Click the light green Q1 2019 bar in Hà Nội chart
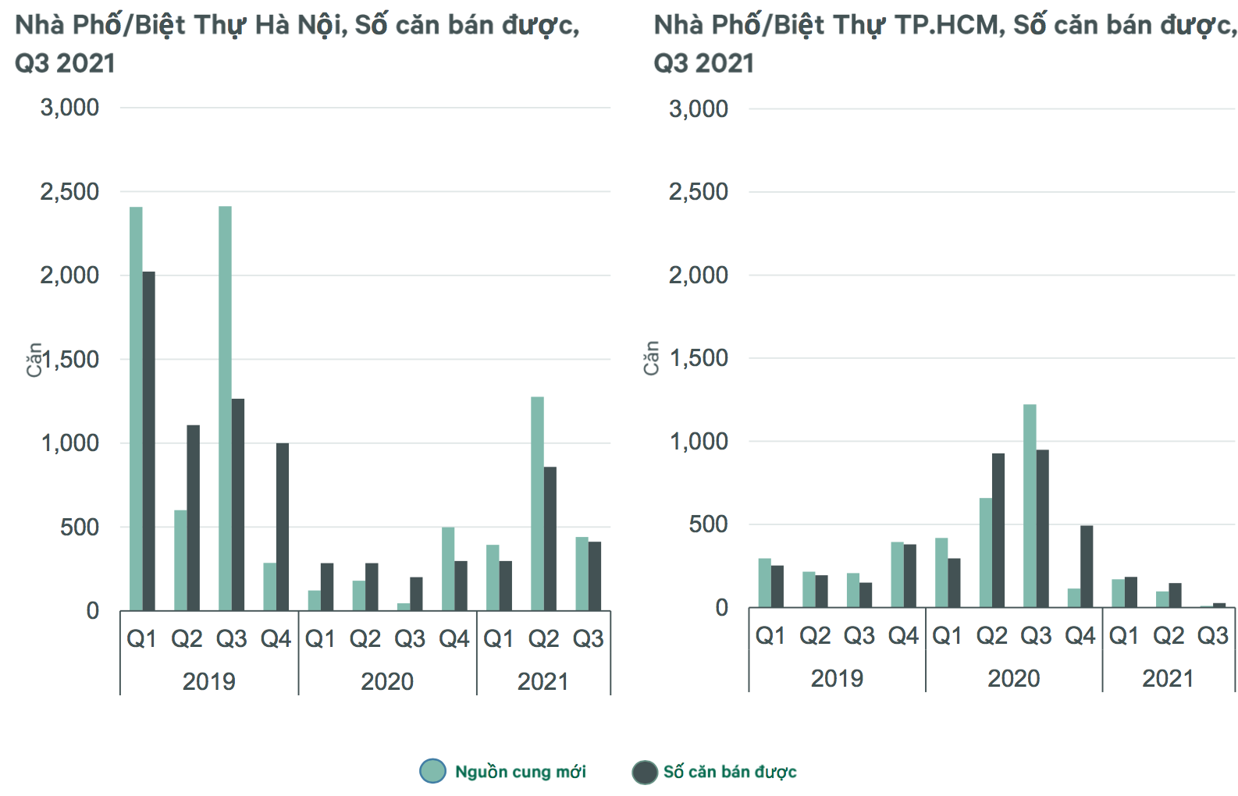click(x=136, y=409)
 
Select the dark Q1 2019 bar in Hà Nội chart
click(x=148, y=441)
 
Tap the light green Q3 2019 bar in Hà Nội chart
click(x=225, y=409)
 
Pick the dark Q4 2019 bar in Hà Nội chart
click(x=282, y=527)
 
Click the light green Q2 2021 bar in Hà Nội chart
click(x=537, y=503)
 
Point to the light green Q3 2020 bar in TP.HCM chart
click(x=1030, y=506)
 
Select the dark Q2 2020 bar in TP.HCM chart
click(x=998, y=531)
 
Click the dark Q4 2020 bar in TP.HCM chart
click(x=1086, y=567)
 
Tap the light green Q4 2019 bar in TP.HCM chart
click(x=897, y=574)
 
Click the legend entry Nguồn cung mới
click(x=520, y=772)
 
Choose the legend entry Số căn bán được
click(x=729, y=772)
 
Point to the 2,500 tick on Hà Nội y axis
click(x=69, y=191)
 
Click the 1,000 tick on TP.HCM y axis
click(x=699, y=441)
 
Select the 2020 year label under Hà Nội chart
click(x=387, y=681)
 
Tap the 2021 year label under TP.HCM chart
click(x=1168, y=678)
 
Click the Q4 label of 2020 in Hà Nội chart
click(x=454, y=639)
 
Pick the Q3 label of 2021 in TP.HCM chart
click(x=1212, y=636)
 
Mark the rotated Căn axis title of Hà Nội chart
click(x=34, y=359)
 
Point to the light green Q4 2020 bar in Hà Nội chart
click(x=448, y=569)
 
